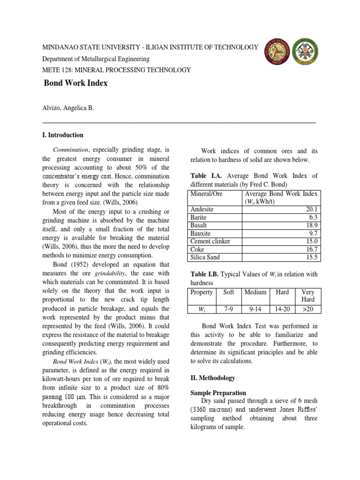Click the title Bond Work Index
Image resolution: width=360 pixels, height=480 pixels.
tap(75, 83)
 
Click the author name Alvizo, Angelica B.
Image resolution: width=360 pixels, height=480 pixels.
tap(68, 108)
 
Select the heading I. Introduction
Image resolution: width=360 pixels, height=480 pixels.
tap(63, 135)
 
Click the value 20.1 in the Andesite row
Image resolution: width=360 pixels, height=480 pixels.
tap(310, 210)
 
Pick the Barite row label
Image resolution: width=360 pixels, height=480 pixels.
tap(199, 217)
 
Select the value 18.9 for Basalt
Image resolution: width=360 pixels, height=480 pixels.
tap(310, 225)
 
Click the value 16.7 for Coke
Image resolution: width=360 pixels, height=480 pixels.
tap(310, 249)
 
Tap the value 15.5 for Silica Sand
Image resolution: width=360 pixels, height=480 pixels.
tap(310, 257)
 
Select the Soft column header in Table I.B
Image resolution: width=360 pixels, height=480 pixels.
tap(229, 292)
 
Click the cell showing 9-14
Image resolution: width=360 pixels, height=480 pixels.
tap(255, 310)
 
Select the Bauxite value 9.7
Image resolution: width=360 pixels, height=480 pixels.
tap(312, 233)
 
